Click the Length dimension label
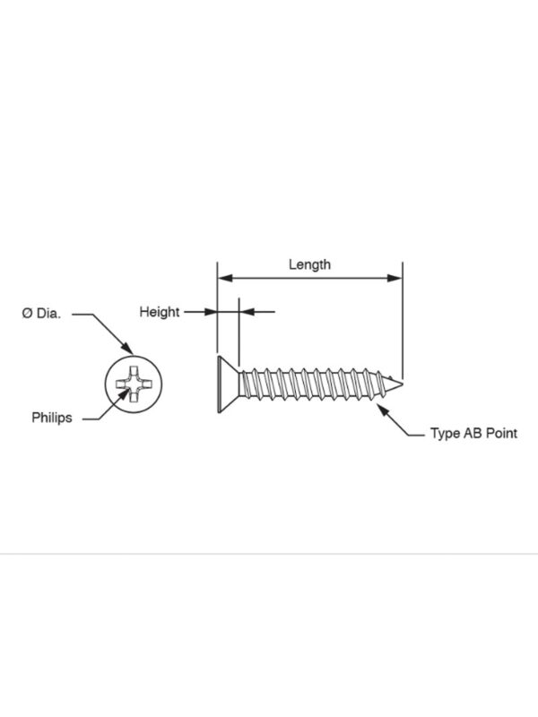tap(309, 264)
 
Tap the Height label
tap(160, 312)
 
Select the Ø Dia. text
tap(41, 313)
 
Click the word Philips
tap(52, 418)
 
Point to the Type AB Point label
tap(473, 433)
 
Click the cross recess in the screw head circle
tap(133, 384)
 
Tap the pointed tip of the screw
tap(402, 384)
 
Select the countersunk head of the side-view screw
tap(229, 384)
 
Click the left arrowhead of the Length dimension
tap(225, 278)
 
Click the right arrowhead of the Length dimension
tap(395, 278)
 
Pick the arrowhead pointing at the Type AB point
tap(383, 410)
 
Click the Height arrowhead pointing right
tap(210, 312)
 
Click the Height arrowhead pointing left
tap(247, 312)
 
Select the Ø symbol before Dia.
tap(27, 313)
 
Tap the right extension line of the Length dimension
tap(403, 321)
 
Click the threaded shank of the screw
tap(316, 384)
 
